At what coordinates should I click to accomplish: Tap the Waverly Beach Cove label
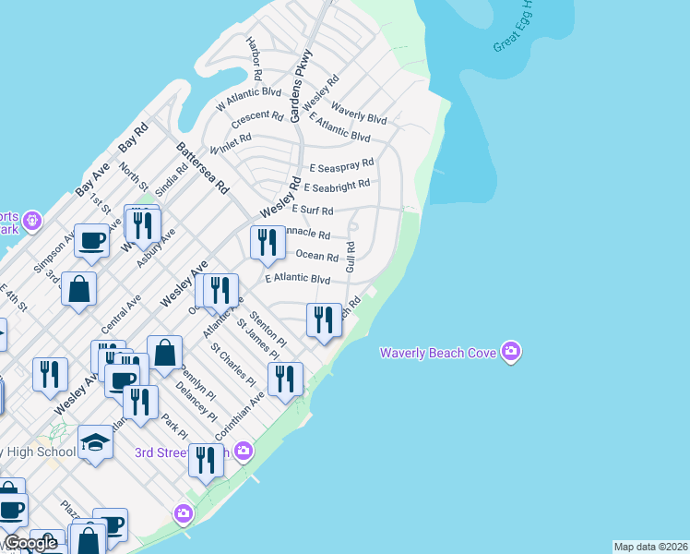point(439,353)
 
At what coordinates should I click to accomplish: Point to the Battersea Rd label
point(202,167)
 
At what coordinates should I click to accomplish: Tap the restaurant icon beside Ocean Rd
point(267,243)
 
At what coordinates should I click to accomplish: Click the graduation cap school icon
point(95,442)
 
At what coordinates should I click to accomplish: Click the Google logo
point(30,544)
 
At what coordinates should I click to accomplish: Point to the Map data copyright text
point(650,547)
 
